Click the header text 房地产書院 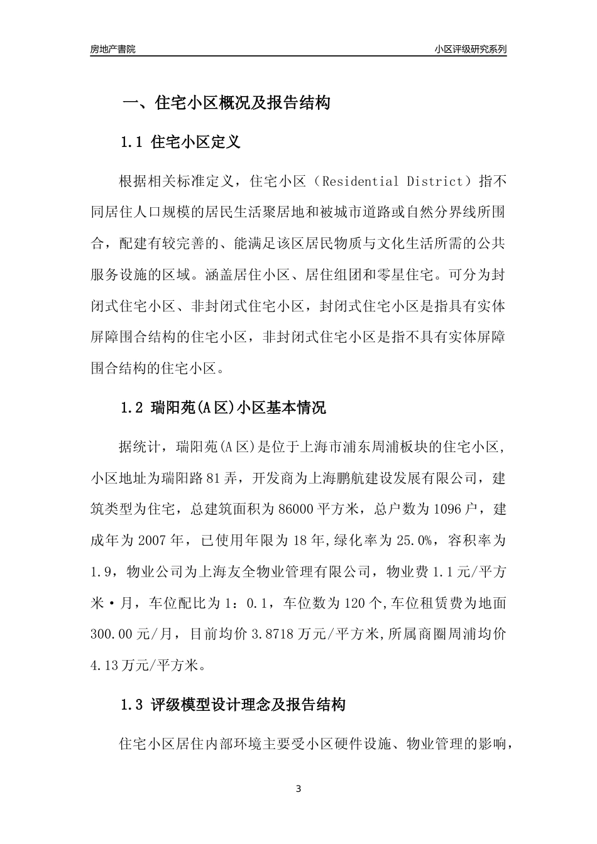(x=112, y=49)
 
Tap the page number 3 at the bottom (x=298, y=789)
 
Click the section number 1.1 (x=132, y=142)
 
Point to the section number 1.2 (x=132, y=408)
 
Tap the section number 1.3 (x=132, y=705)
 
